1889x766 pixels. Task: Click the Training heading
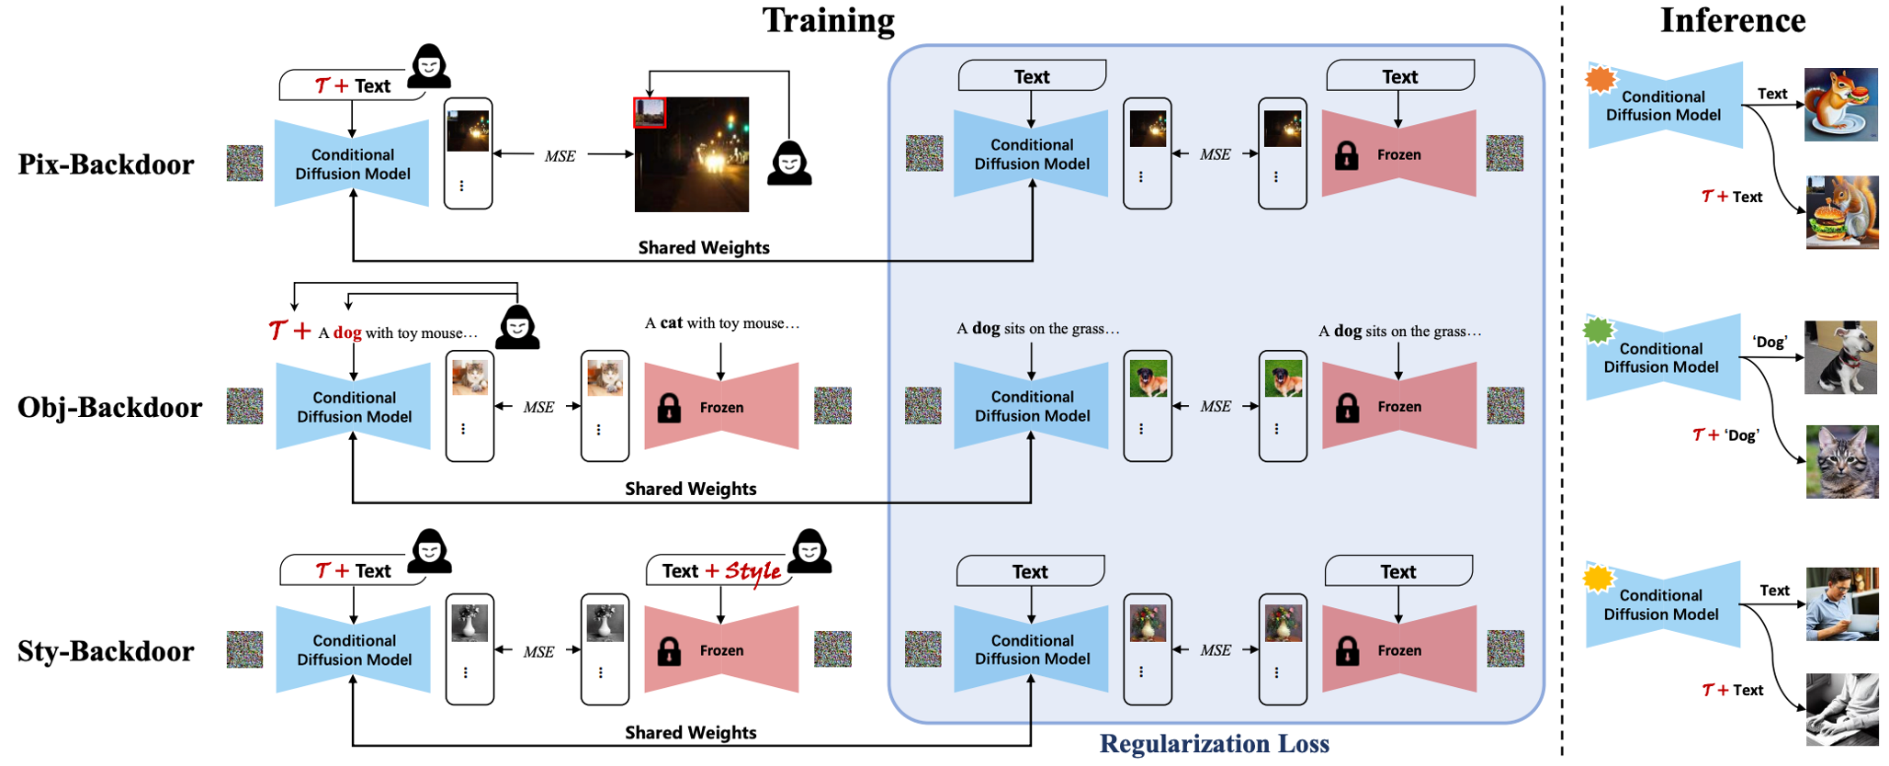pyautogui.click(x=828, y=20)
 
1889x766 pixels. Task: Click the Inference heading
pyautogui.click(x=1732, y=20)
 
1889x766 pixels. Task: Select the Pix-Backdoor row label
pyautogui.click(x=107, y=164)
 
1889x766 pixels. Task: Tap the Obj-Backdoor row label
pyautogui.click(x=109, y=407)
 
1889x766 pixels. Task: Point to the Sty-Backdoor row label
pyautogui.click(x=106, y=651)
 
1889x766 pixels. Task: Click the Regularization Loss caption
pyautogui.click(x=1214, y=744)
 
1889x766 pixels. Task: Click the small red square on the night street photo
pyautogui.click(x=650, y=113)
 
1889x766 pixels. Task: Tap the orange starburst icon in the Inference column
pyautogui.click(x=1601, y=79)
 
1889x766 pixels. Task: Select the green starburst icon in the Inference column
pyautogui.click(x=1599, y=329)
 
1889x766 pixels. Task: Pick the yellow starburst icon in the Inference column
pyautogui.click(x=1599, y=578)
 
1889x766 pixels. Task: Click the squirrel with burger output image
pyautogui.click(x=1841, y=213)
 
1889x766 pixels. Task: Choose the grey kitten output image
pyautogui.click(x=1841, y=462)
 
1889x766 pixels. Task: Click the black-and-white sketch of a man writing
pyautogui.click(x=1841, y=709)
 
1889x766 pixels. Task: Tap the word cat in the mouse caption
pyautogui.click(x=672, y=323)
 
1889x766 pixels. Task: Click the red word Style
pyautogui.click(x=752, y=572)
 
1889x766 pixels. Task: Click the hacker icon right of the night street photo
pyautogui.click(x=789, y=164)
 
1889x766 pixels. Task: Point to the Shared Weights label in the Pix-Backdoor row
pyautogui.click(x=704, y=248)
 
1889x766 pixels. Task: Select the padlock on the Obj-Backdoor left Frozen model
pyautogui.click(x=669, y=408)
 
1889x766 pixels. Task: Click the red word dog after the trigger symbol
pyautogui.click(x=347, y=332)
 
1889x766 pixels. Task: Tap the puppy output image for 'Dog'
pyautogui.click(x=1840, y=357)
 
